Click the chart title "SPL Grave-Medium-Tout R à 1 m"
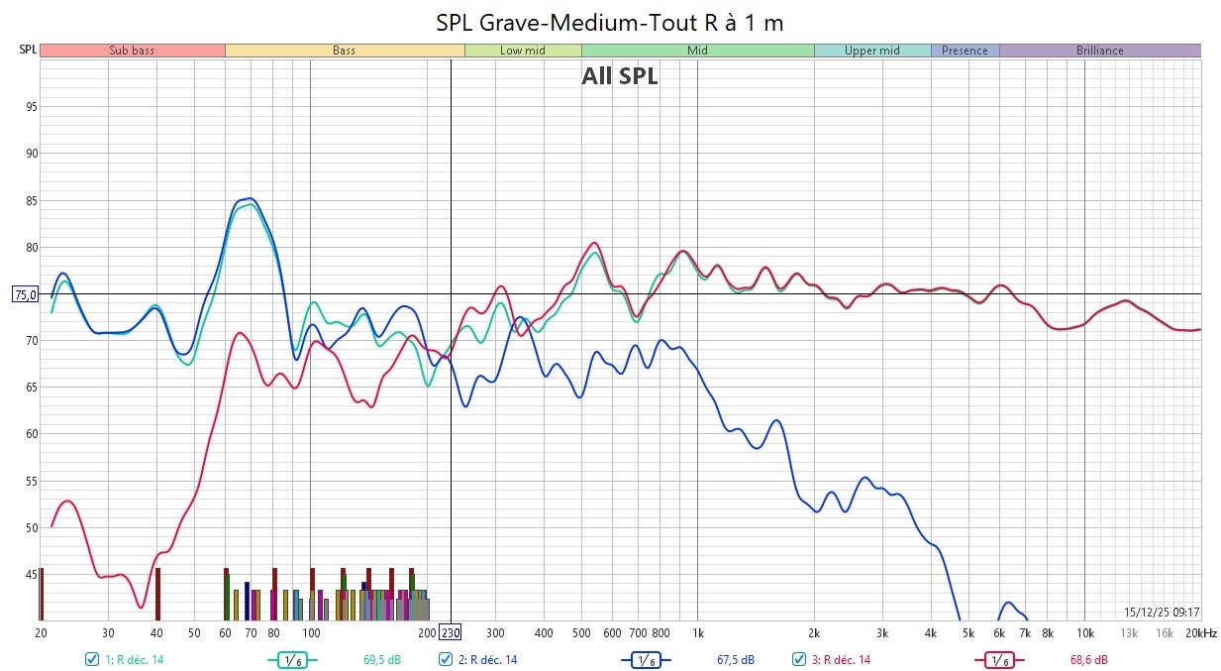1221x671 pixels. pyautogui.click(x=610, y=22)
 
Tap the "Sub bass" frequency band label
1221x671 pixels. pyautogui.click(x=132, y=51)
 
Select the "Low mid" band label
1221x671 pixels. pyautogui.click(x=523, y=51)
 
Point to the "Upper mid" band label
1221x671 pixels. pyautogui.click(x=871, y=51)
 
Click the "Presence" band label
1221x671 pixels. pyautogui.click(x=965, y=51)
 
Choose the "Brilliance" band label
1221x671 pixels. pyautogui.click(x=1099, y=51)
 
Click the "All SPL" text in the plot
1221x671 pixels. pyautogui.click(x=620, y=76)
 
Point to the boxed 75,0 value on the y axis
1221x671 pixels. pyautogui.click(x=25, y=294)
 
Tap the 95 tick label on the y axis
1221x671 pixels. pyautogui.click(x=31, y=107)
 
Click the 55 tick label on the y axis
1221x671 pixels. pyautogui.click(x=31, y=481)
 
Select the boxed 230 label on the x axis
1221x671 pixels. pyautogui.click(x=451, y=633)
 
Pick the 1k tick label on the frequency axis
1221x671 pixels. pyautogui.click(x=697, y=633)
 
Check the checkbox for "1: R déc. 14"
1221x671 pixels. pyautogui.click(x=92, y=659)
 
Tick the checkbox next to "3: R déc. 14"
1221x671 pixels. pyautogui.click(x=799, y=659)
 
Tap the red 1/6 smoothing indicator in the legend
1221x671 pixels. pyautogui.click(x=998, y=659)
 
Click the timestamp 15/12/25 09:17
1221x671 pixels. pyautogui.click(x=1161, y=613)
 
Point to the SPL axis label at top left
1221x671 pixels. pyautogui.click(x=27, y=50)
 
